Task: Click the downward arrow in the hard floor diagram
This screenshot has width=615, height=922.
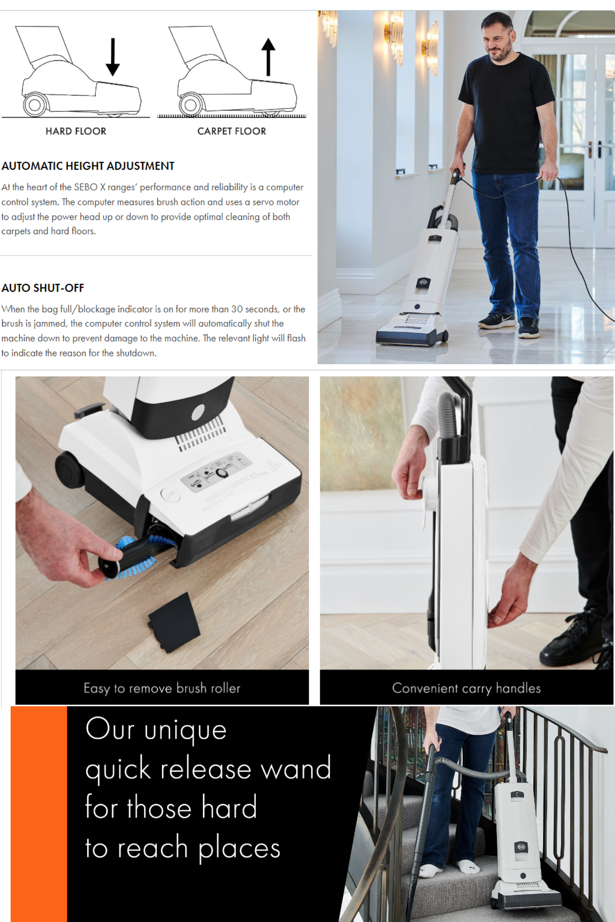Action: (x=113, y=57)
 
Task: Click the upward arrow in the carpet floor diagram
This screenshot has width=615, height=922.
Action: (x=268, y=57)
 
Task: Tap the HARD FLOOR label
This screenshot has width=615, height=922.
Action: (x=76, y=131)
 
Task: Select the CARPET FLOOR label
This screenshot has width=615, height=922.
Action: (x=232, y=131)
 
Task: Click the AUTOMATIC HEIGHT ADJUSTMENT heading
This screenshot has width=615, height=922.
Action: (x=88, y=166)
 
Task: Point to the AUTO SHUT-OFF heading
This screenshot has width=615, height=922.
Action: (x=42, y=288)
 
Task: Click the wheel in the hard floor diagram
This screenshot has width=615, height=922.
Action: (x=35, y=105)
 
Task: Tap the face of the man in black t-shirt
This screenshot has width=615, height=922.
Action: (x=497, y=41)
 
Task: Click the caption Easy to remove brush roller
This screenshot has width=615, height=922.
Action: (x=162, y=688)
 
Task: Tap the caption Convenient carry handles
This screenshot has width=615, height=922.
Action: (x=466, y=688)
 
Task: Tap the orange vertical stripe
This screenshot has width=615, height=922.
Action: (x=39, y=814)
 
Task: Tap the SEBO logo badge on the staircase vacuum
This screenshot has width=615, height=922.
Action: (x=520, y=847)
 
